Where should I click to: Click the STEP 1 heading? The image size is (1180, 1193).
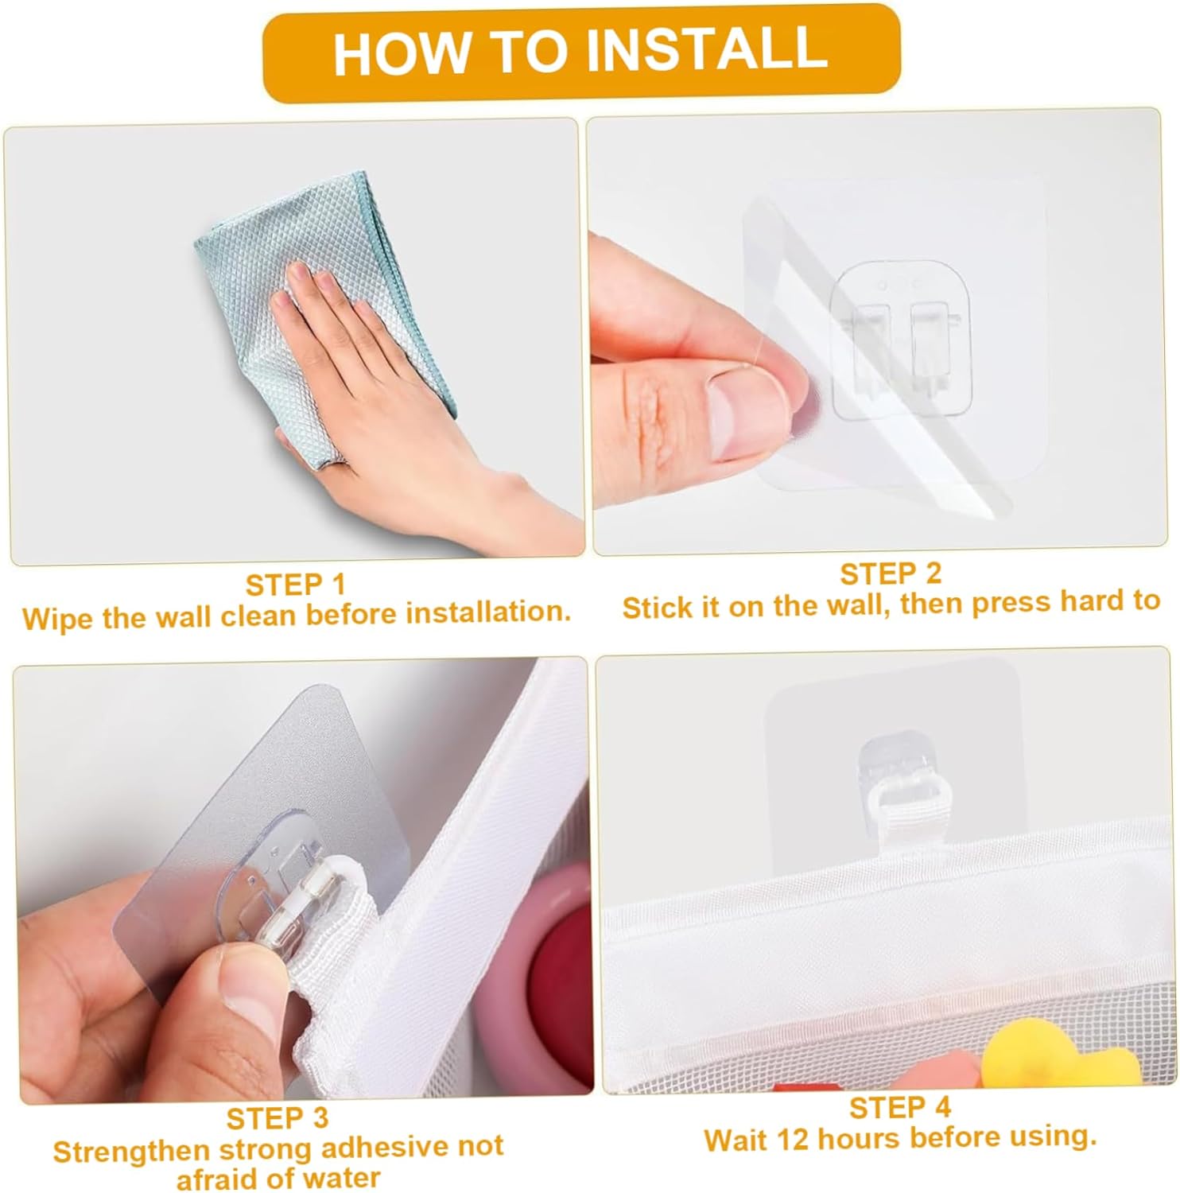(x=296, y=585)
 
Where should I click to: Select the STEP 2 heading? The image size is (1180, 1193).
(x=891, y=573)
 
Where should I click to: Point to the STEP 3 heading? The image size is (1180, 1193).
(x=278, y=1118)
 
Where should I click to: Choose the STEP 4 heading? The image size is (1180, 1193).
(x=900, y=1107)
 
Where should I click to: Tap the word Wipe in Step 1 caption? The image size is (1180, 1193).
(x=56, y=618)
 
